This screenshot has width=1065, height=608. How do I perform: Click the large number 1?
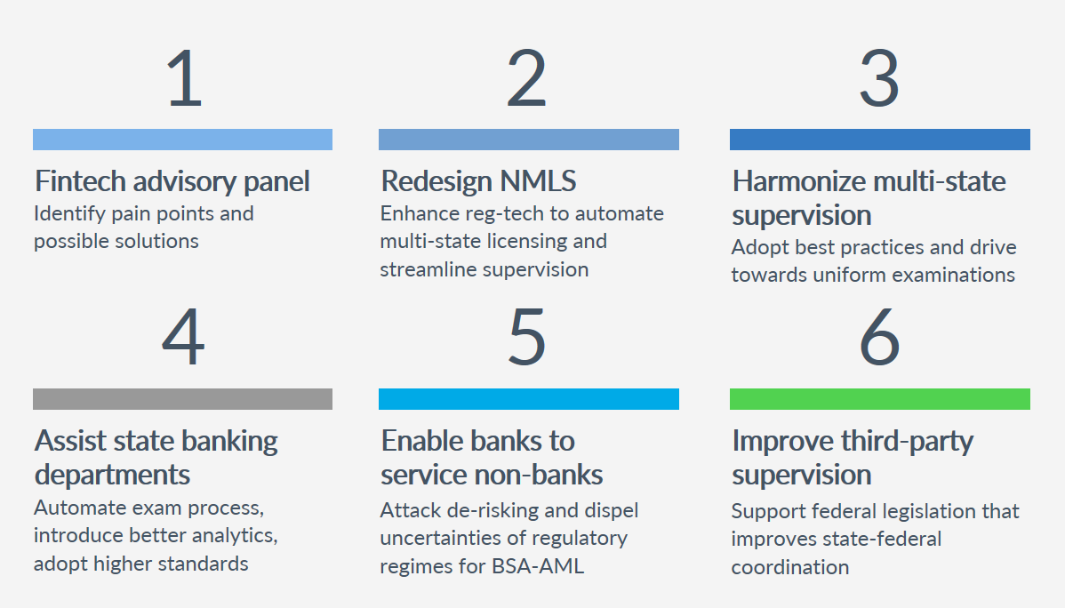point(184,79)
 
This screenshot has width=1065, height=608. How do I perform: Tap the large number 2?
point(527,79)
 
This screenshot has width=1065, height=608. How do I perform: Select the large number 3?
point(879,79)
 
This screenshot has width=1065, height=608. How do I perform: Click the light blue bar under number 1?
point(182,140)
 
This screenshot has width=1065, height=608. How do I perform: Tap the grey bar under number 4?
point(182,399)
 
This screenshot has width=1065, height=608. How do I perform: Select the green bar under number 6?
point(880,399)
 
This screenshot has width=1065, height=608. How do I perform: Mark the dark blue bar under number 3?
point(880,140)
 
